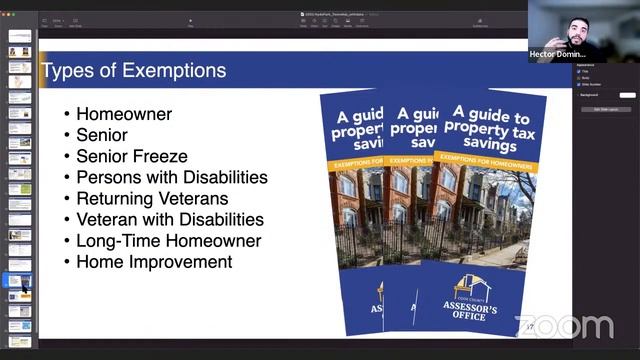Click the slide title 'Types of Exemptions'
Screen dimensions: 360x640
click(x=133, y=71)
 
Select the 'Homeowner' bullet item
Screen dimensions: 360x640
click(x=124, y=115)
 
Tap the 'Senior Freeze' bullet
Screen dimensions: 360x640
click(x=132, y=156)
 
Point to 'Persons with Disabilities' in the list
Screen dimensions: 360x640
click(x=172, y=177)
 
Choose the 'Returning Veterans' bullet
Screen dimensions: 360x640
click(x=152, y=198)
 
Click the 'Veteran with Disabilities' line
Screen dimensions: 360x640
click(x=170, y=219)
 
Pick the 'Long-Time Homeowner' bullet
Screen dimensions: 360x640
click(x=168, y=241)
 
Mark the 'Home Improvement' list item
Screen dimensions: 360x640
click(x=154, y=262)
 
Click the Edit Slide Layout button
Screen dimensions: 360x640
click(x=606, y=109)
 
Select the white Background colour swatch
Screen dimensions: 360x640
click(x=627, y=95)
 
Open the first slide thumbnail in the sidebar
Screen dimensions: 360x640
click(x=20, y=36)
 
